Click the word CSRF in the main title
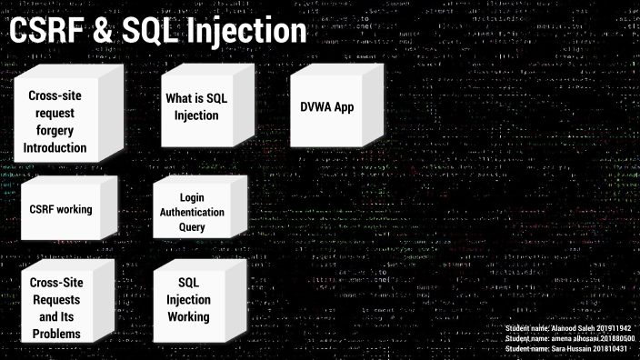[x=44, y=33]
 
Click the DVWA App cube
[x=326, y=107]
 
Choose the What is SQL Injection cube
[x=192, y=107]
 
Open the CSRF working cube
[x=61, y=209]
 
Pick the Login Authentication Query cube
[x=192, y=212]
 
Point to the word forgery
[x=57, y=130]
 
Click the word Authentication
[x=192, y=212]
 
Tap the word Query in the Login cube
[x=192, y=227]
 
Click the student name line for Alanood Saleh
[x=568, y=327]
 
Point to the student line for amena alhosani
[x=568, y=338]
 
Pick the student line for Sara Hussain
[x=568, y=349]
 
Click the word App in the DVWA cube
[x=343, y=107]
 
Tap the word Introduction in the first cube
[x=57, y=147]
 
